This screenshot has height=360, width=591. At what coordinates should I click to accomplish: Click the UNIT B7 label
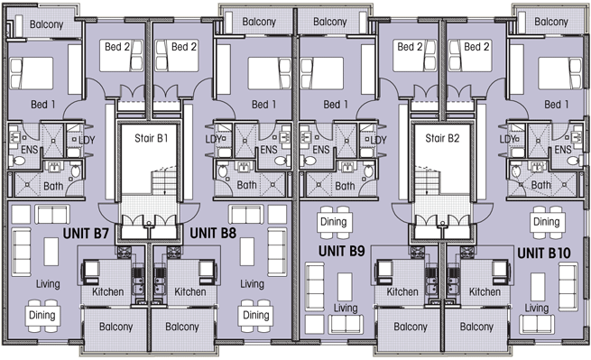point(86,234)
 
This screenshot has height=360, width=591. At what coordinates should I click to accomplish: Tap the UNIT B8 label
point(213,234)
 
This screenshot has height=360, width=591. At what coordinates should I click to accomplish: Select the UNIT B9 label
point(341,251)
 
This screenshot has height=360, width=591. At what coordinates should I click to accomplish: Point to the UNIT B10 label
point(544,254)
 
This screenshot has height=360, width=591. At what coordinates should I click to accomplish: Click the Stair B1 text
point(152,138)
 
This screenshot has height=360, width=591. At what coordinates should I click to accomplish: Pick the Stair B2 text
point(442,138)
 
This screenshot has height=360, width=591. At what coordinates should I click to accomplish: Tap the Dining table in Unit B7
point(42,316)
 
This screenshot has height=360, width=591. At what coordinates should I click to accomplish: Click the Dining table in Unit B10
point(546,222)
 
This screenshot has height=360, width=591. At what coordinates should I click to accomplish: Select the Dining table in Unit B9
point(333,222)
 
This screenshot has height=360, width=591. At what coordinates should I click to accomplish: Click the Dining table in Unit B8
point(256,316)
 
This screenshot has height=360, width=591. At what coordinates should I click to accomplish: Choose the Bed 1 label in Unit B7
point(43,105)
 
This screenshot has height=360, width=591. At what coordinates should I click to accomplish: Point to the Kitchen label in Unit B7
point(107,291)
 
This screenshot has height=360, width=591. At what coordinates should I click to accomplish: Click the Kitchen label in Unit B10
point(485,291)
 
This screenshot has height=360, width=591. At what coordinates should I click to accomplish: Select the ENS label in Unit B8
point(269,150)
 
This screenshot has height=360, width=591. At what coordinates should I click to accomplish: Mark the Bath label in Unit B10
point(540,185)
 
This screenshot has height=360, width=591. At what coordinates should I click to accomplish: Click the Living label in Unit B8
point(252,284)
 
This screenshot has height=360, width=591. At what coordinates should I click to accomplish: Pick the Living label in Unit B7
point(48,284)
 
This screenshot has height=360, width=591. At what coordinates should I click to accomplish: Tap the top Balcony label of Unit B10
point(551,22)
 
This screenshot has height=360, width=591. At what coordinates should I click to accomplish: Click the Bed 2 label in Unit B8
point(184,47)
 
